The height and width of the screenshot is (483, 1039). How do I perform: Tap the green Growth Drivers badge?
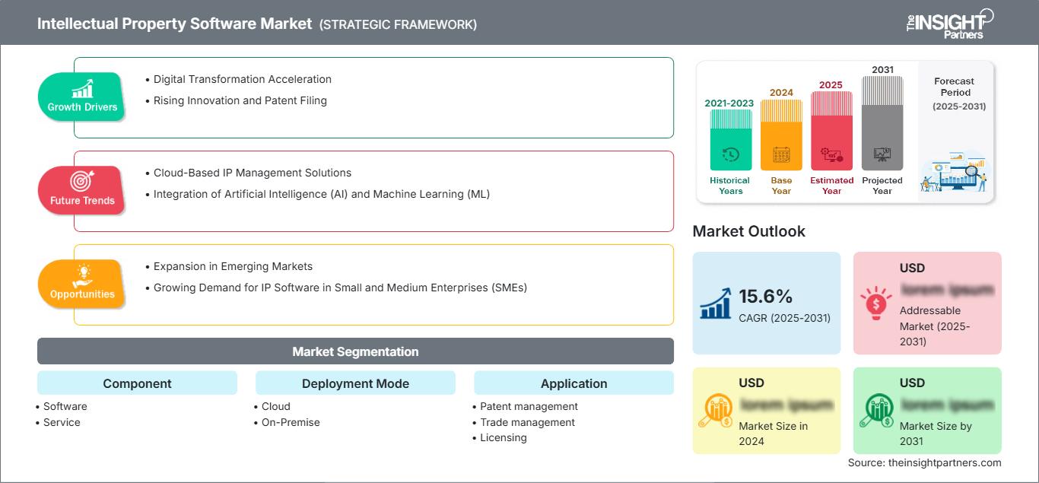[x=82, y=97]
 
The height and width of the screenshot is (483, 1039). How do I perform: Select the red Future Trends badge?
[x=82, y=190]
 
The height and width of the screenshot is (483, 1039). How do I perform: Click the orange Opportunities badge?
[x=82, y=284]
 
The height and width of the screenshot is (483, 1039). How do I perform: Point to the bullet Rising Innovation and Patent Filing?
[x=240, y=100]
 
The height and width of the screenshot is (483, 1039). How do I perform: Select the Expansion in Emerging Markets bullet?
[x=233, y=266]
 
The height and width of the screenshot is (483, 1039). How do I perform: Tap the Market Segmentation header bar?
[x=355, y=351]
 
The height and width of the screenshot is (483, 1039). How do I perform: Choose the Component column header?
[x=137, y=383]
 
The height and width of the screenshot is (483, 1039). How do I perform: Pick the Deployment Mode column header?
[x=355, y=383]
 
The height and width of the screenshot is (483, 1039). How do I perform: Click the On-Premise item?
[x=291, y=422]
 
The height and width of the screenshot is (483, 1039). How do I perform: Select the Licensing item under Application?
[x=503, y=437]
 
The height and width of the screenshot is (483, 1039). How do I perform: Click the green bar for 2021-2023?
[x=730, y=140]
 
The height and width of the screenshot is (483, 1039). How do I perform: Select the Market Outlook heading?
[x=748, y=231]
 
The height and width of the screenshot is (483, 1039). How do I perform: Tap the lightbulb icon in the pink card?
[x=876, y=302]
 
